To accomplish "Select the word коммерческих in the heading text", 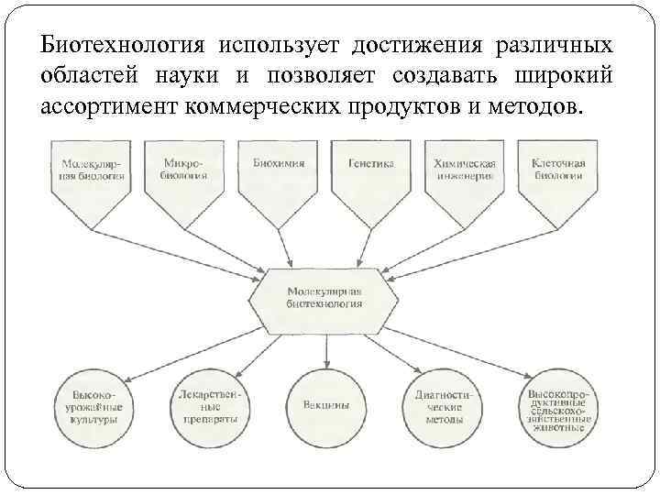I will (x=267, y=104).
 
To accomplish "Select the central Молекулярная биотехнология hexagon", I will (x=324, y=296).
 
